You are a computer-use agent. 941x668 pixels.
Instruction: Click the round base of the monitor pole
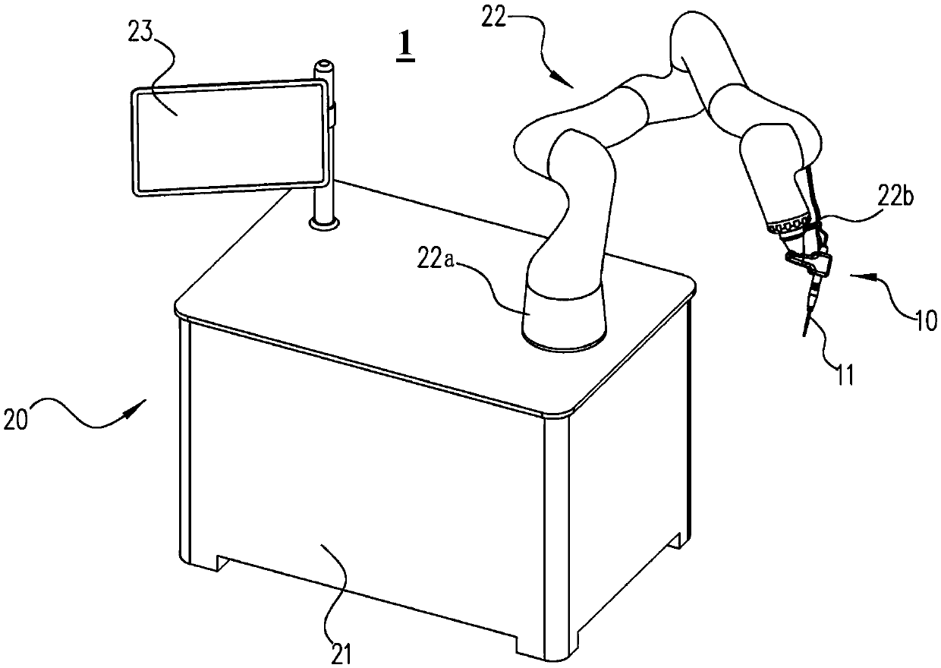pos(324,223)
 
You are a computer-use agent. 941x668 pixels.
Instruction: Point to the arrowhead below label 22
pos(568,81)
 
